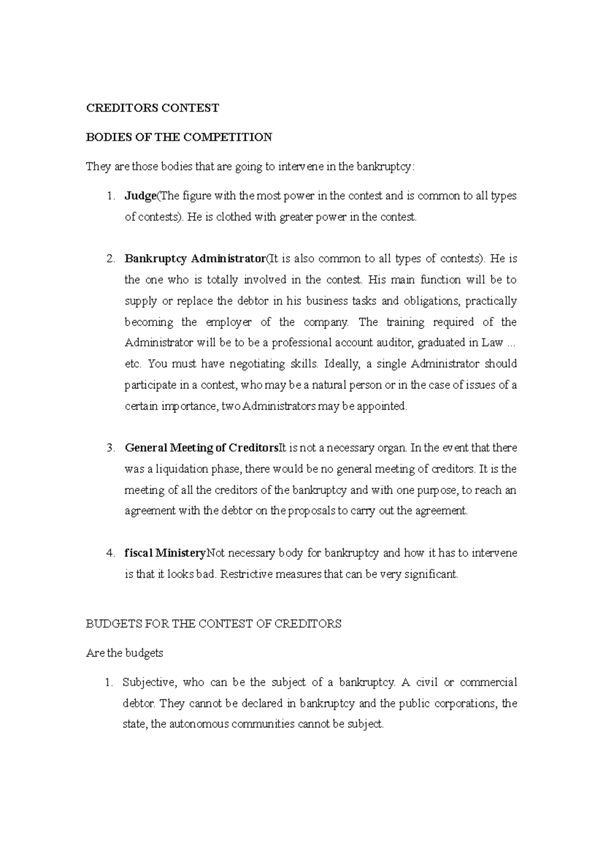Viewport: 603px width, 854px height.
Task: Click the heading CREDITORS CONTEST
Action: coord(153,108)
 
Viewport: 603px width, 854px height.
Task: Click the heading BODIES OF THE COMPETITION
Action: coord(179,137)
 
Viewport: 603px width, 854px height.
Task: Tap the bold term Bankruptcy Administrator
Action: coord(195,259)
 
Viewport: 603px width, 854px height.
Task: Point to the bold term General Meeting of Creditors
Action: coord(201,448)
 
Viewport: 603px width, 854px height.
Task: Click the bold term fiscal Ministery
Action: coord(165,553)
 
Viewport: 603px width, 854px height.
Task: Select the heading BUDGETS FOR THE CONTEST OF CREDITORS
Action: coord(214,624)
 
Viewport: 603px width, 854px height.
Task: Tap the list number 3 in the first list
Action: coord(110,448)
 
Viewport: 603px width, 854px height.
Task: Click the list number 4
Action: coord(110,553)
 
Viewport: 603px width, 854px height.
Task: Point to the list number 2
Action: coord(110,259)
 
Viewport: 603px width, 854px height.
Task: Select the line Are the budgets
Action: coord(125,653)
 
